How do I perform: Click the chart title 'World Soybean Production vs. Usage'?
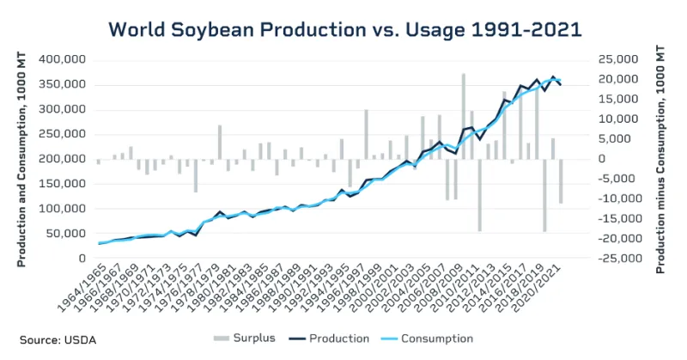pos(344,28)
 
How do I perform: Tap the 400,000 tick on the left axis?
pos(61,60)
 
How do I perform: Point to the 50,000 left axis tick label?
pos(64,234)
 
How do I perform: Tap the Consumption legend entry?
pos(433,339)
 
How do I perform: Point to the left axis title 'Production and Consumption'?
pos(20,159)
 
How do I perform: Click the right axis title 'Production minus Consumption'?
pos(661,159)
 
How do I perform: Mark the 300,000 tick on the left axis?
pos(61,109)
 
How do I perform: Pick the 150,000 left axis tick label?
pos(61,184)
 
